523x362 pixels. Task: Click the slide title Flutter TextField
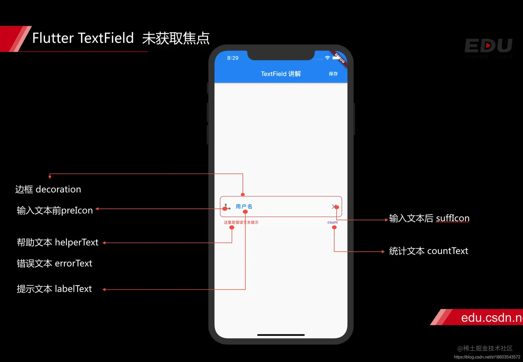click(x=83, y=38)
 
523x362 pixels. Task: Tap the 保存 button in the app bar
click(x=333, y=74)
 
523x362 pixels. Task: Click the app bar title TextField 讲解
click(x=281, y=74)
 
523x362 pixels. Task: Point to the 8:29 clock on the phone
click(x=233, y=58)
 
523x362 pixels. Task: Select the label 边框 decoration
click(x=48, y=189)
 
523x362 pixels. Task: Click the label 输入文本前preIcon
click(x=55, y=210)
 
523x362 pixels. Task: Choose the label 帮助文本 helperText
click(x=57, y=242)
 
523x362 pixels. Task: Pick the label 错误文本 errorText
click(x=54, y=263)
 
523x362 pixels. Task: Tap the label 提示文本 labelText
click(x=54, y=289)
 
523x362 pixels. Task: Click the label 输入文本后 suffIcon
click(x=429, y=218)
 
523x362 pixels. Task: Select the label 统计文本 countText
click(x=428, y=251)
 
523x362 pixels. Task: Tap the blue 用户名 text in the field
click(x=244, y=206)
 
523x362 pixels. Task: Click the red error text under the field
click(x=241, y=222)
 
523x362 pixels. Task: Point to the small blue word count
click(x=332, y=222)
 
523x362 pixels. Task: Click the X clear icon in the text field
click(x=334, y=206)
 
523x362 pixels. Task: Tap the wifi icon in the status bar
click(x=327, y=58)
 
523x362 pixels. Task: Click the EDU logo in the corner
click(x=488, y=46)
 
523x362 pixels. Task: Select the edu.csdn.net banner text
click(x=491, y=317)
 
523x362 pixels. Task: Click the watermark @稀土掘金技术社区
click(x=485, y=348)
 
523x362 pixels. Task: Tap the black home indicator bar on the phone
click(x=281, y=335)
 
